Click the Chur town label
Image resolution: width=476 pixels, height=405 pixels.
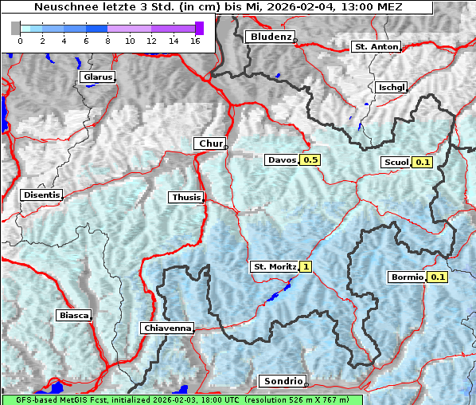(x=209, y=144)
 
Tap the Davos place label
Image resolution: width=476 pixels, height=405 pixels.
(x=282, y=159)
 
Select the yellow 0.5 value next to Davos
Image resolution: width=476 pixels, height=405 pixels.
(x=310, y=159)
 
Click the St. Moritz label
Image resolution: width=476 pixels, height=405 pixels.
(x=274, y=266)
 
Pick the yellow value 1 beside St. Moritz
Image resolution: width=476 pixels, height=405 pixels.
(x=306, y=266)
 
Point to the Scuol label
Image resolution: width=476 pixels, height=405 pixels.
(x=396, y=163)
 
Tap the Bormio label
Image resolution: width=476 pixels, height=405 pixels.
(x=407, y=277)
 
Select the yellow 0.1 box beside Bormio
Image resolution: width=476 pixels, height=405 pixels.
(x=438, y=277)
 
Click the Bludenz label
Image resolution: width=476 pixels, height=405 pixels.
(x=269, y=37)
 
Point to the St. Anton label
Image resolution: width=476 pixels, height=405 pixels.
(x=375, y=47)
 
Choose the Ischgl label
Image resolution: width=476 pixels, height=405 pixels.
(x=392, y=87)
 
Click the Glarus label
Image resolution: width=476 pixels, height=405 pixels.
(x=96, y=77)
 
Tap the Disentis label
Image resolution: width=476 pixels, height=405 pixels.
(x=41, y=195)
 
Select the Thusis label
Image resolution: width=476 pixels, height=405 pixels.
(x=186, y=197)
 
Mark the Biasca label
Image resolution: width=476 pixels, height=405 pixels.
(x=74, y=315)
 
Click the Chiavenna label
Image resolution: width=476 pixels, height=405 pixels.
(x=167, y=328)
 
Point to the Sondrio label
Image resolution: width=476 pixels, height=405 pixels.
(x=283, y=381)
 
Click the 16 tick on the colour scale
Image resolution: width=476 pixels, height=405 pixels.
(x=195, y=40)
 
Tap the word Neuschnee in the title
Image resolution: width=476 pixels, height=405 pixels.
(x=61, y=6)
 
